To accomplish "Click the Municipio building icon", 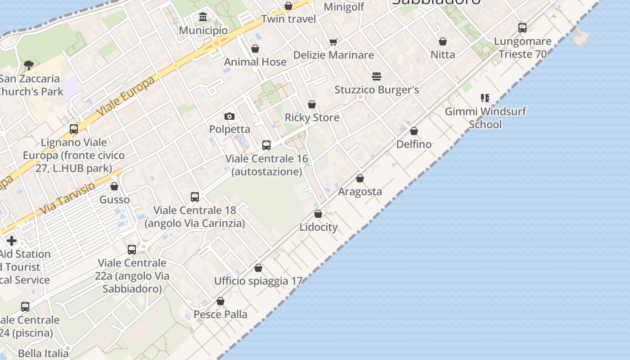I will (203, 18).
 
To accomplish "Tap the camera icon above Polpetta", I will (229, 117).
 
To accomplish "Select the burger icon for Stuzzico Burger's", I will (377, 76).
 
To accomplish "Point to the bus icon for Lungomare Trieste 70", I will (522, 28).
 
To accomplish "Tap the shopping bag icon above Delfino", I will (414, 131).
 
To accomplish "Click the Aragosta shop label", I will (360, 192).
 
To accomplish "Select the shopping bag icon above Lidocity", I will (318, 214).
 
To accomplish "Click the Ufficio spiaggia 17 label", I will (258, 281).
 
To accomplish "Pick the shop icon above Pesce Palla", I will (220, 301).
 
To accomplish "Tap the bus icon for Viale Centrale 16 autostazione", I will (266, 145).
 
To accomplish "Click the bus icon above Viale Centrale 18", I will (195, 197).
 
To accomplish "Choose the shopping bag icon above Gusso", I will (114, 186).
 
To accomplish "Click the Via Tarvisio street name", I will (67, 198).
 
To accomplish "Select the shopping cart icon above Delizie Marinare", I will (333, 42).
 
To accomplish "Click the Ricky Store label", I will (312, 118).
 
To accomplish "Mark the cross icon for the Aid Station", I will (12, 241).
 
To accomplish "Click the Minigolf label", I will (344, 7).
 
